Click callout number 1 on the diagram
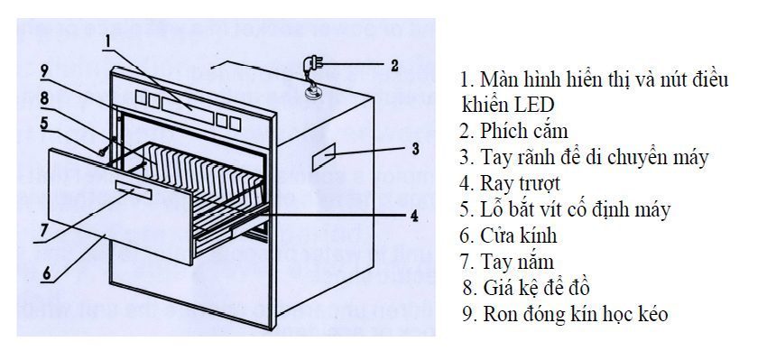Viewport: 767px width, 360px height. point(107,40)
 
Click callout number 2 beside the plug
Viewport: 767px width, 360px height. point(393,66)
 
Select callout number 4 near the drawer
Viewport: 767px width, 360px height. point(413,216)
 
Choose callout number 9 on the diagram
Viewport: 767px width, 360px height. point(43,70)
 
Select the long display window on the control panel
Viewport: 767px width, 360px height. point(190,105)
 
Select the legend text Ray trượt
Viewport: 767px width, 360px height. point(521,183)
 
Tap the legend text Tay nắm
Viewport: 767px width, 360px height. point(518,263)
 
